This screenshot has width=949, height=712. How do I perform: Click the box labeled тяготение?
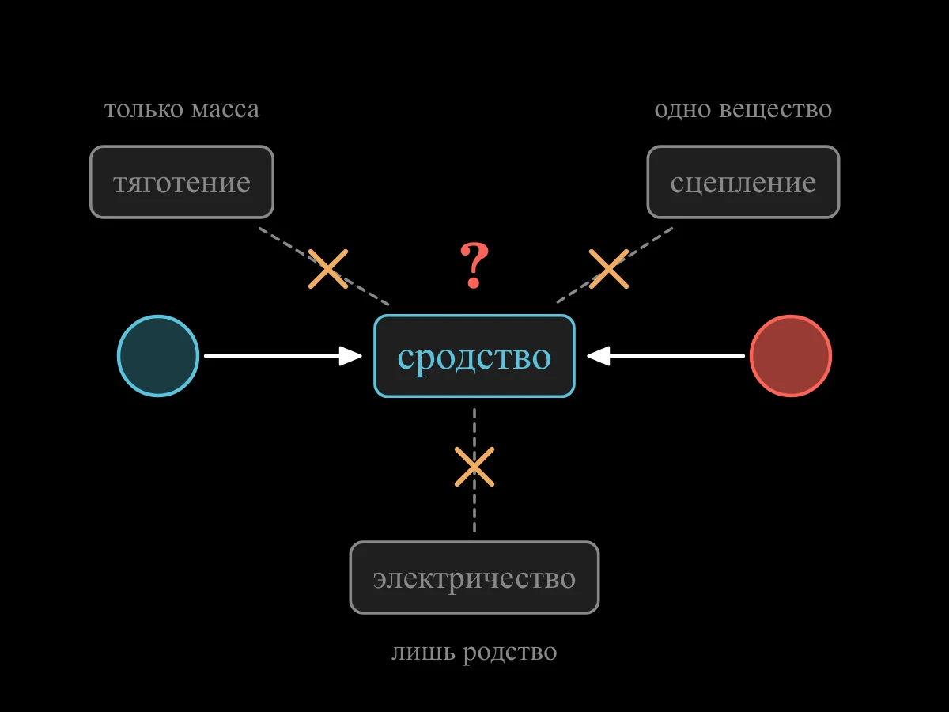tap(182, 182)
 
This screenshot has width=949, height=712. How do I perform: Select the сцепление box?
tap(743, 182)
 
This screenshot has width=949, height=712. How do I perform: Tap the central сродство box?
tap(475, 356)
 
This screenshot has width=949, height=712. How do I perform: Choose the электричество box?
tap(475, 578)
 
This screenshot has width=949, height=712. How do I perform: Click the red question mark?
tap(475, 266)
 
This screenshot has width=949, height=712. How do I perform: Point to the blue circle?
tap(158, 356)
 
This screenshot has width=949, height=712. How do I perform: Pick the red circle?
tap(791, 356)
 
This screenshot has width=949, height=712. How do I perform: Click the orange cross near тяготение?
tap(328, 269)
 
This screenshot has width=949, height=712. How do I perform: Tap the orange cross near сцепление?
tap(609, 269)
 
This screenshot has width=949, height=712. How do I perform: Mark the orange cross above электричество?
tap(475, 467)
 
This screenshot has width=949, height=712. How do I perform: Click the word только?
tap(144, 109)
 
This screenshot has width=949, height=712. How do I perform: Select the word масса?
tap(225, 110)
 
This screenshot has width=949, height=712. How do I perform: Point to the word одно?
tap(682, 109)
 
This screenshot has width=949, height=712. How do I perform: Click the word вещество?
tap(776, 110)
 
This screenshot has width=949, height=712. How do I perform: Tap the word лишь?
tap(424, 652)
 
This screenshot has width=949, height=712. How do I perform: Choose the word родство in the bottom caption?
tap(510, 653)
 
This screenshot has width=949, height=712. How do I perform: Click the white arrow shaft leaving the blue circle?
tap(272, 356)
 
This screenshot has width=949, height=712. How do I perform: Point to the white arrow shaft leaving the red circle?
tap(677, 356)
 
